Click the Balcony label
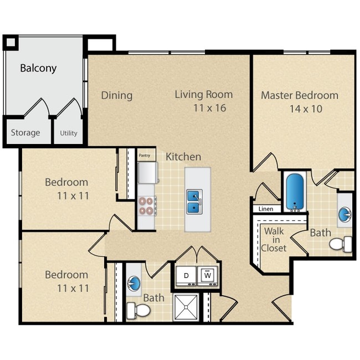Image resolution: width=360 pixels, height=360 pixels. point(39,69)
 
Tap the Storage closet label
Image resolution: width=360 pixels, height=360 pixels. point(25,133)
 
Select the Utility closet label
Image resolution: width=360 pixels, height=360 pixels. point(69,133)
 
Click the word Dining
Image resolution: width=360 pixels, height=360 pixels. point(117,95)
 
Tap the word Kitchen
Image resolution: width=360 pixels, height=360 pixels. point(183,157)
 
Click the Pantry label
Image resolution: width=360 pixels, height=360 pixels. point(145,156)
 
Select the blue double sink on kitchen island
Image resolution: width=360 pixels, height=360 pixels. point(193,202)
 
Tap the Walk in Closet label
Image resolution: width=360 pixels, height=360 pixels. point(275,239)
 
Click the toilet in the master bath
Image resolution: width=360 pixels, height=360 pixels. point(341,243)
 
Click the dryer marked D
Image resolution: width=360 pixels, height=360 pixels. point(187,274)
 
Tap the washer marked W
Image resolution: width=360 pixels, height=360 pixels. point(208,274)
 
